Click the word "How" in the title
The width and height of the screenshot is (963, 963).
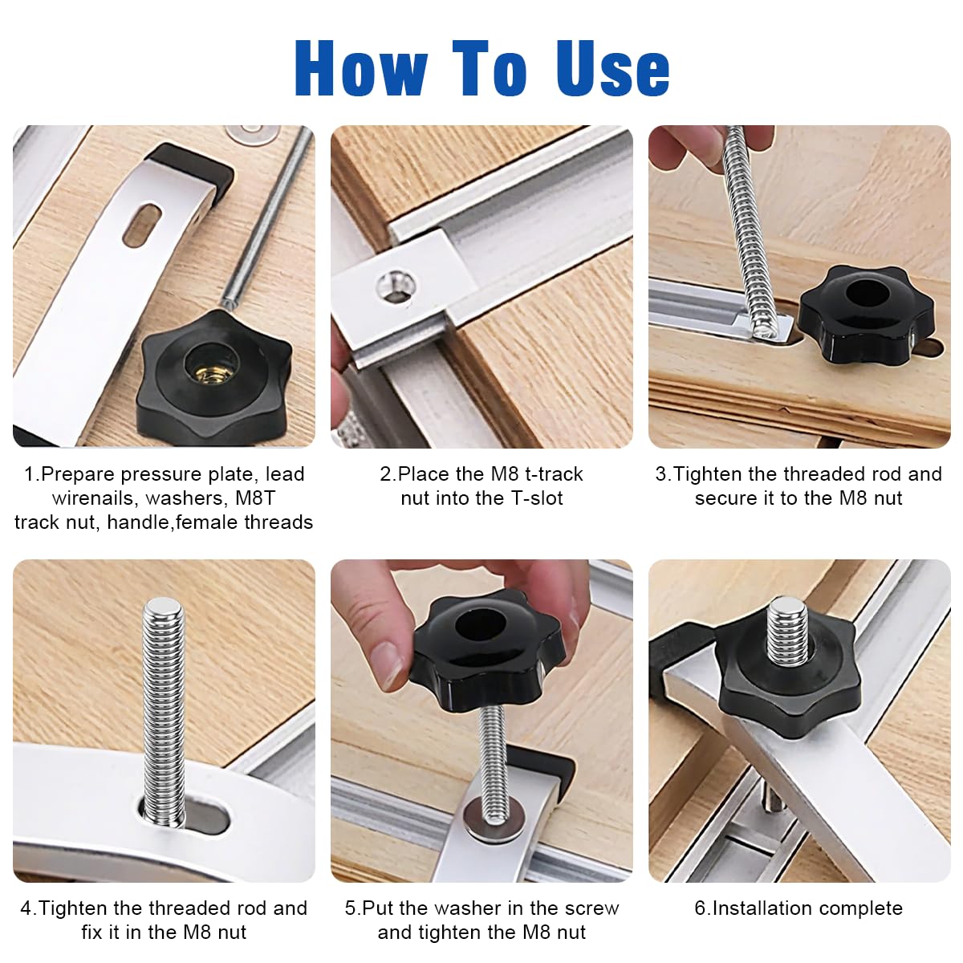click(x=361, y=67)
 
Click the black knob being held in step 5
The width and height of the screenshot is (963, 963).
click(x=488, y=650)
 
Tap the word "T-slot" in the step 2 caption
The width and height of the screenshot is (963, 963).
click(x=536, y=498)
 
